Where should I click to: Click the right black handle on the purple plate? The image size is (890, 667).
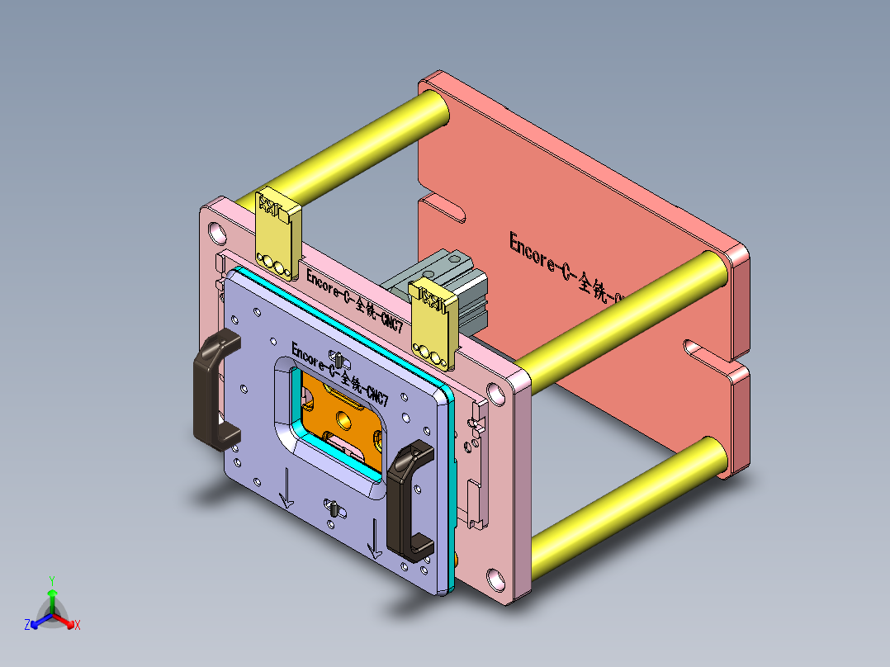[x=406, y=499]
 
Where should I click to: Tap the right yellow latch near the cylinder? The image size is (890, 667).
[x=433, y=322]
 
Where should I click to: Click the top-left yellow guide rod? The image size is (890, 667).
[x=347, y=149]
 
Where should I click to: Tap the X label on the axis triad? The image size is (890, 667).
[x=78, y=626]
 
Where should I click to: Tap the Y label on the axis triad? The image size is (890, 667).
[x=51, y=580]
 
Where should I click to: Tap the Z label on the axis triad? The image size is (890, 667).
[x=27, y=626]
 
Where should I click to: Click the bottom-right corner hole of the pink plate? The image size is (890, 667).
[x=495, y=579]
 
